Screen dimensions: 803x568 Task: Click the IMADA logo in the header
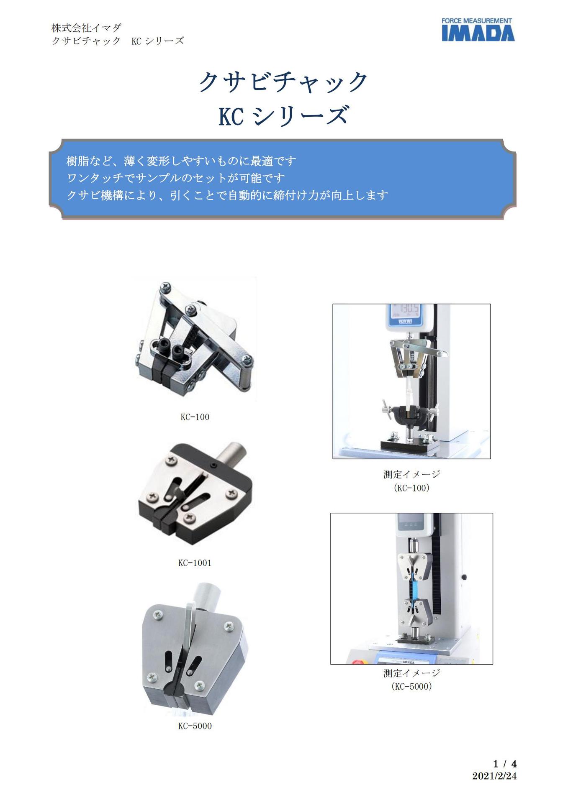[x=478, y=30]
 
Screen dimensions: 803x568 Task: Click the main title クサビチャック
[x=283, y=82]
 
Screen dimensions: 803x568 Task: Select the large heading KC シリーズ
[x=283, y=116]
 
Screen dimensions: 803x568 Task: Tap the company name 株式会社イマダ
[x=86, y=28]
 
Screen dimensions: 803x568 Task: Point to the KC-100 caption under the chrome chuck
[x=195, y=417]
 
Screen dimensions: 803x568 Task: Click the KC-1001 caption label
[x=195, y=563]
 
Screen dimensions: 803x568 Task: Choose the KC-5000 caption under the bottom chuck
[x=195, y=726]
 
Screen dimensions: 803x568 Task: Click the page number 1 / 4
[x=504, y=764]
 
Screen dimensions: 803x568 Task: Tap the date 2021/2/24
[x=494, y=776]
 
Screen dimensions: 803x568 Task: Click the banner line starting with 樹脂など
[x=181, y=161]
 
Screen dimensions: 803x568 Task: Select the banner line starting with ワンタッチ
[x=176, y=178]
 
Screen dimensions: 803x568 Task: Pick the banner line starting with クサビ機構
[x=227, y=195]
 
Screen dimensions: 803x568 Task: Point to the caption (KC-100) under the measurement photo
[x=411, y=488]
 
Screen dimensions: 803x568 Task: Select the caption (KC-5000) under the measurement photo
[x=411, y=686]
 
